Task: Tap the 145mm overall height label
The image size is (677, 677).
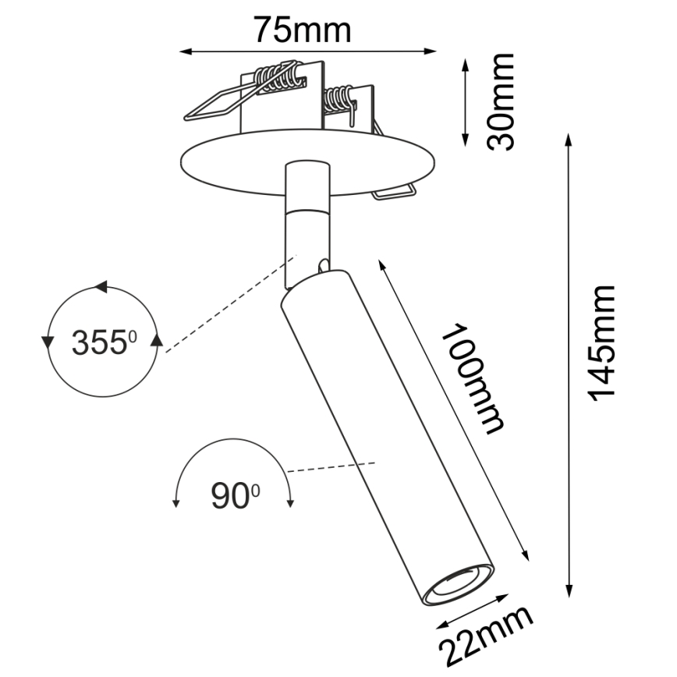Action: [602, 343]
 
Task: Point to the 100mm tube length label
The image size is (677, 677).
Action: [473, 377]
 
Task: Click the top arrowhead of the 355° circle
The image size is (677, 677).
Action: [101, 287]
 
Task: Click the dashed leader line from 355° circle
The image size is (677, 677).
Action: [226, 305]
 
